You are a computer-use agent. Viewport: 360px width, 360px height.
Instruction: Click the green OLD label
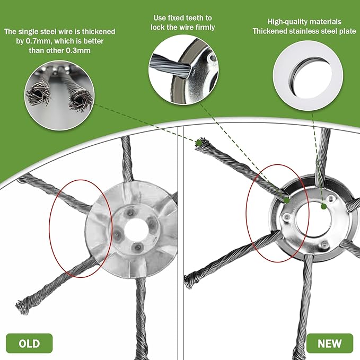29,344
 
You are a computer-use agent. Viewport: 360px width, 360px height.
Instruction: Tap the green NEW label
329,344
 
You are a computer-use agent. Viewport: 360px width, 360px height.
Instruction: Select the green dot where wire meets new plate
286,200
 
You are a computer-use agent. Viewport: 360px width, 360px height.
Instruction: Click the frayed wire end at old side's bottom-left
22,306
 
